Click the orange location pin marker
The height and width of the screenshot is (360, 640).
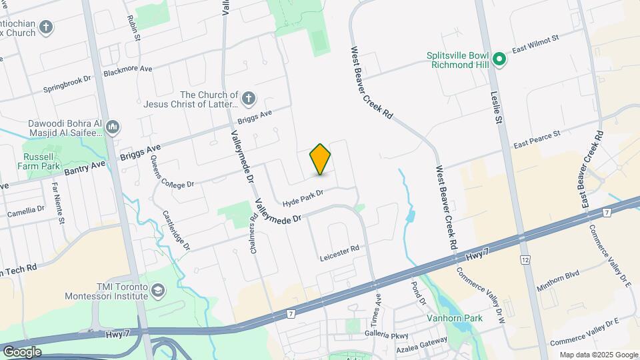(321, 159)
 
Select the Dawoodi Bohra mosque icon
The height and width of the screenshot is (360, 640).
(112, 127)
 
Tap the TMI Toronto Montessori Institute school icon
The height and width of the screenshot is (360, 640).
(157, 291)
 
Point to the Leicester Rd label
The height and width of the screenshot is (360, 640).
(339, 249)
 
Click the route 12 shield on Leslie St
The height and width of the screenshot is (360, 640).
(525, 259)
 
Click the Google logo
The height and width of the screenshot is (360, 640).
(21, 351)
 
